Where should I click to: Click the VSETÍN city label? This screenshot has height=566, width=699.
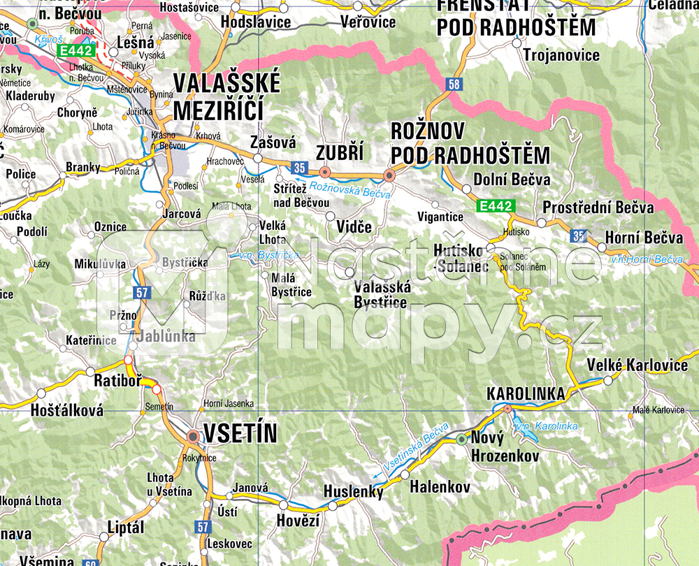click(240, 433)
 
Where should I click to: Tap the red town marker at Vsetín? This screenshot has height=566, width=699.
click(193, 437)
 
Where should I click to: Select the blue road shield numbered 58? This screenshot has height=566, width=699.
click(455, 85)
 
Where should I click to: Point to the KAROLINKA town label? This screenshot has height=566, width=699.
click(526, 394)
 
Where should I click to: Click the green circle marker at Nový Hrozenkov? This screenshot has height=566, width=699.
click(461, 439)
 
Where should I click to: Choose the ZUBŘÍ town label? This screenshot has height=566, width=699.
click(340, 153)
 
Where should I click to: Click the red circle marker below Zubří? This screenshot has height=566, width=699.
click(324, 172)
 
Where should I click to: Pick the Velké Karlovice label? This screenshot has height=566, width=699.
click(637, 365)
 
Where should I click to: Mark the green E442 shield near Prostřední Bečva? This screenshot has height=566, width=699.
click(496, 206)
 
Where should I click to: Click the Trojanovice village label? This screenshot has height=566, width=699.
click(561, 55)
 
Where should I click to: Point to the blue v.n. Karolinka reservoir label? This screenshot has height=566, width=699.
click(546, 426)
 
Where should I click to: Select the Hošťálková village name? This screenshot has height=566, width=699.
click(67, 410)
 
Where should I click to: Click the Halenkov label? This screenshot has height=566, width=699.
click(440, 487)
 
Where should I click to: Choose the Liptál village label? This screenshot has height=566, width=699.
click(127, 528)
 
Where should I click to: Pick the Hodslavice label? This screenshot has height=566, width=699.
click(255, 22)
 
